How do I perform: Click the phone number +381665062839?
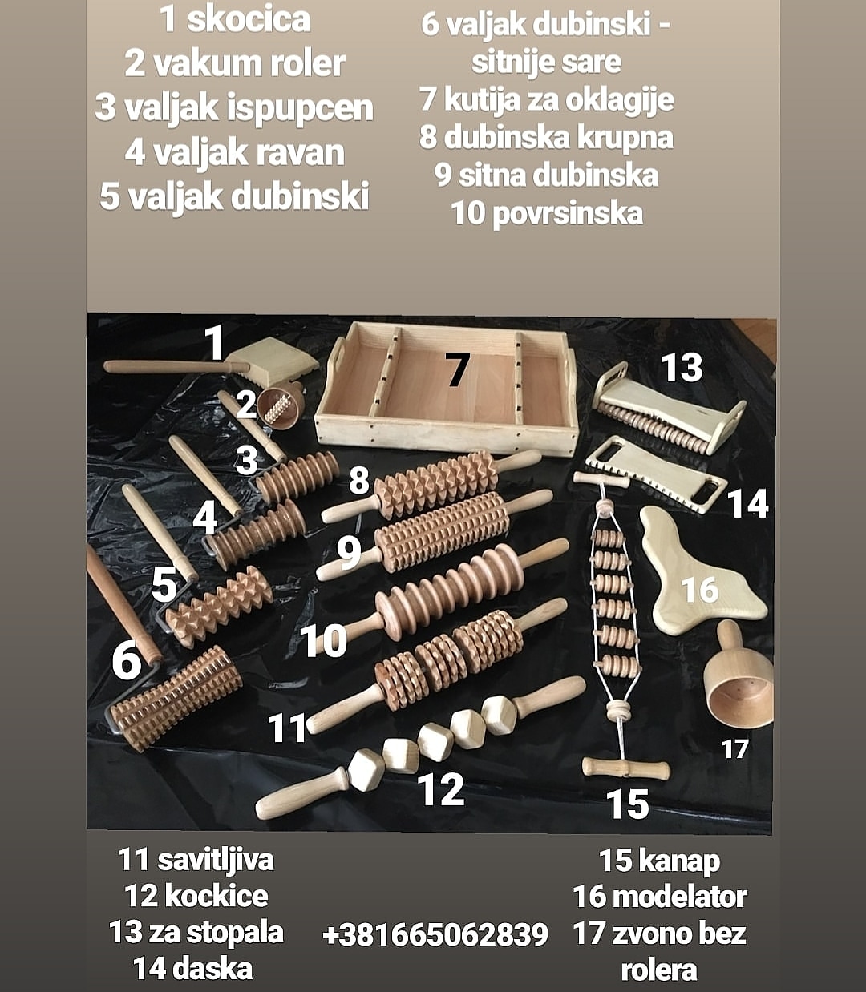pyautogui.click(x=435, y=934)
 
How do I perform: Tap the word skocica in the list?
pyautogui.click(x=248, y=20)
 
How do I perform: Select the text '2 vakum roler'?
pyautogui.click(x=234, y=63)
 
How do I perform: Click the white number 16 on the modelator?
pyautogui.click(x=699, y=590)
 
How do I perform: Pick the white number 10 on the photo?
pyautogui.click(x=323, y=641)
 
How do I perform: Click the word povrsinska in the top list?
pyautogui.click(x=567, y=214)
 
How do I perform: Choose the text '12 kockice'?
pyautogui.click(x=196, y=895)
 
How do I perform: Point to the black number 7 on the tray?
pyautogui.click(x=457, y=369)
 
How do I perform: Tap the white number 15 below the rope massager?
pyautogui.click(x=627, y=804)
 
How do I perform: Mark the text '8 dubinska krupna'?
pyautogui.click(x=545, y=137)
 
